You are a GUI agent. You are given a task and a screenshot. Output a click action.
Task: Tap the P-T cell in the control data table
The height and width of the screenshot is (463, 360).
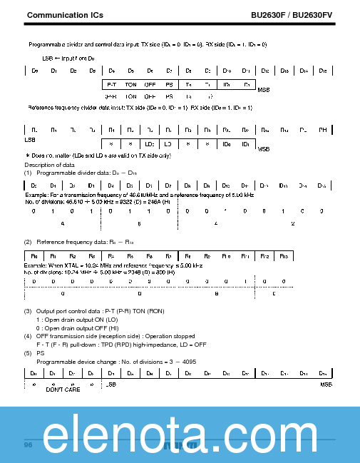(111, 85)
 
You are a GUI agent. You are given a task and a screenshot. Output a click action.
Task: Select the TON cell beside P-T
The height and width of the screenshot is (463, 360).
(130, 85)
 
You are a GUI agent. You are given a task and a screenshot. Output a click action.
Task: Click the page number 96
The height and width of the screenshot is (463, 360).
(29, 444)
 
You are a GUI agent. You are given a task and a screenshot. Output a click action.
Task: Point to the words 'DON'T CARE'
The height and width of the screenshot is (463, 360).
(63, 390)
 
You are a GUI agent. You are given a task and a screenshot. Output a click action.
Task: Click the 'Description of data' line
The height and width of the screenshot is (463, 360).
(48, 165)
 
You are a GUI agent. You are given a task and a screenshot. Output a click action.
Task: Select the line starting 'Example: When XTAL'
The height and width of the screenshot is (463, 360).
(114, 265)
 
